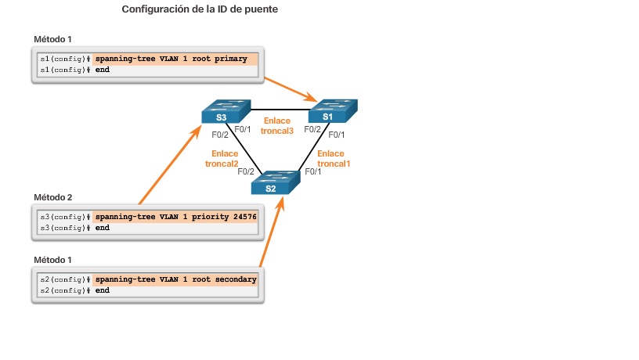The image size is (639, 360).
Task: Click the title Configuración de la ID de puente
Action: click(x=200, y=9)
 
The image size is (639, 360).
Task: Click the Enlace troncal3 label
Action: click(x=276, y=126)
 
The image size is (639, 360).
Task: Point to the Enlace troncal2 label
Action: click(x=225, y=159)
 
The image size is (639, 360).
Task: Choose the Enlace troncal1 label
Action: click(x=330, y=159)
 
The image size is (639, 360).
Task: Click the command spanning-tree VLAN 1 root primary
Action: click(x=171, y=59)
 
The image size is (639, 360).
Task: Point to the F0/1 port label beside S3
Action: click(x=244, y=129)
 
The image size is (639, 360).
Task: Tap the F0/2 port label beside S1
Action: click(x=312, y=129)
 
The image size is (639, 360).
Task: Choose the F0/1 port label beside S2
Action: click(x=312, y=171)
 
